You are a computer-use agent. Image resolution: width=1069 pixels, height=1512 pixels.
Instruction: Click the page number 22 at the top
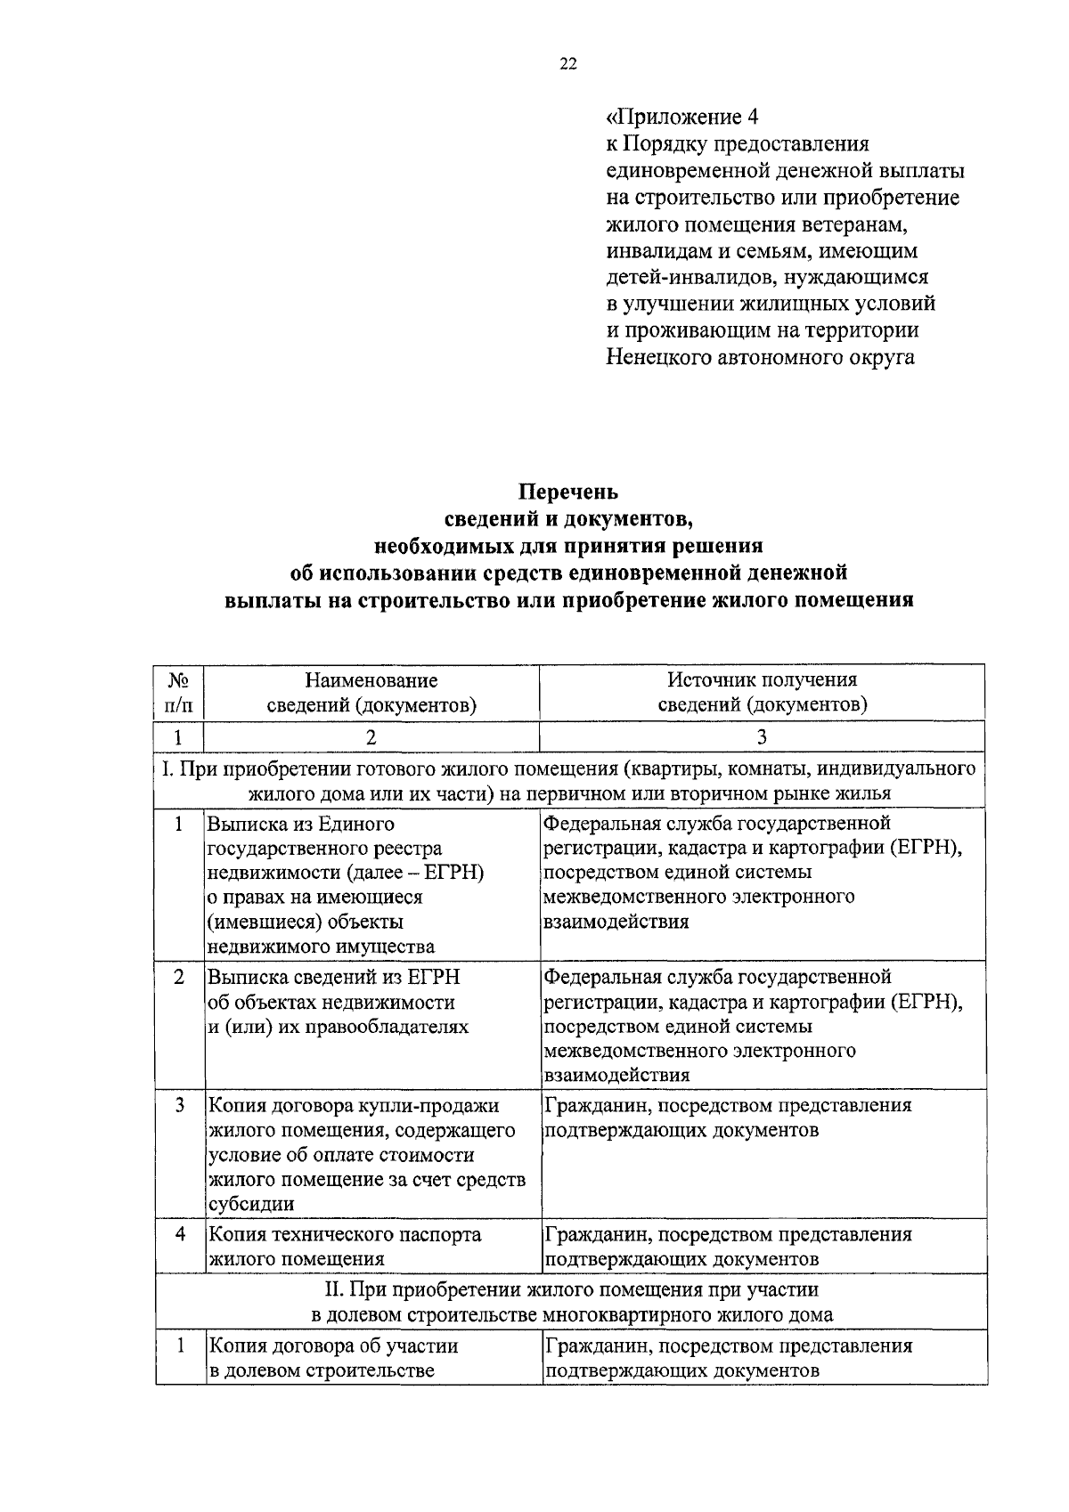[x=567, y=63]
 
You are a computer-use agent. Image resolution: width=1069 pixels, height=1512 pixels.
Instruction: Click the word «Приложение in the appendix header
[x=673, y=117]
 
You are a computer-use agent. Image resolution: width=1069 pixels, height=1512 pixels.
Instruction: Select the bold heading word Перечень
[x=568, y=492]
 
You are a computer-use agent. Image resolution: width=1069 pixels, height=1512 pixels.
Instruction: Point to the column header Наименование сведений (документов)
[x=371, y=692]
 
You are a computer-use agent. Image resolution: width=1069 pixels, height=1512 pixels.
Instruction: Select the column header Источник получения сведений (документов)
[x=762, y=692]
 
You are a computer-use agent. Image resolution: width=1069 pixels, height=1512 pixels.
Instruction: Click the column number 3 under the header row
[x=762, y=736]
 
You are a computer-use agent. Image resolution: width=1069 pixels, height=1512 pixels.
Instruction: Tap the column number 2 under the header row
[x=371, y=736]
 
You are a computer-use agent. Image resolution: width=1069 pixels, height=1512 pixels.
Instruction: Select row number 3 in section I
[x=180, y=1105]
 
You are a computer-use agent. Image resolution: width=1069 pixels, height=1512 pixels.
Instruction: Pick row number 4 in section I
[x=180, y=1234]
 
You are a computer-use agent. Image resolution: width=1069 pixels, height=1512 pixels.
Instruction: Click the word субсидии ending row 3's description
[x=251, y=1205]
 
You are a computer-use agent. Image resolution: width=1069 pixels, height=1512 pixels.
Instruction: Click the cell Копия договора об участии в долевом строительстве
[x=333, y=1358]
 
